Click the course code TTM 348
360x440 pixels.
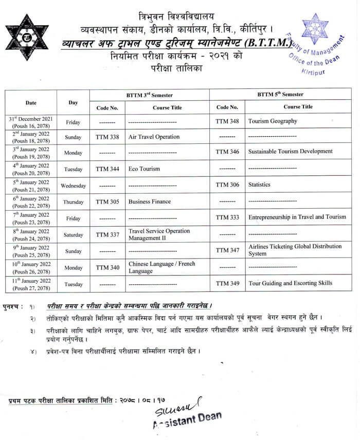[227, 121]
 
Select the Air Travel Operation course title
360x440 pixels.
[154, 137]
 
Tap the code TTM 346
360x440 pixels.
[227, 152]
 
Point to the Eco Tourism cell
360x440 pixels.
[144, 169]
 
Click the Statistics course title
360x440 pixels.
[259, 185]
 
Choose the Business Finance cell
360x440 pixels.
[149, 201]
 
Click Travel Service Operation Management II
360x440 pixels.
[159, 234]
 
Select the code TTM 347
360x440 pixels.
[227, 250]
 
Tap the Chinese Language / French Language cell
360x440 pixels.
[161, 267]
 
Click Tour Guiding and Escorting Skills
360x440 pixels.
[290, 283]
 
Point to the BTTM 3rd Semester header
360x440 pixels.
[149, 95]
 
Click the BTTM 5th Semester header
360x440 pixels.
[280, 95]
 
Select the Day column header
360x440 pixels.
[73, 102]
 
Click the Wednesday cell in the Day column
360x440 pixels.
[73, 186]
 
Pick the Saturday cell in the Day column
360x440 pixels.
[73, 235]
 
